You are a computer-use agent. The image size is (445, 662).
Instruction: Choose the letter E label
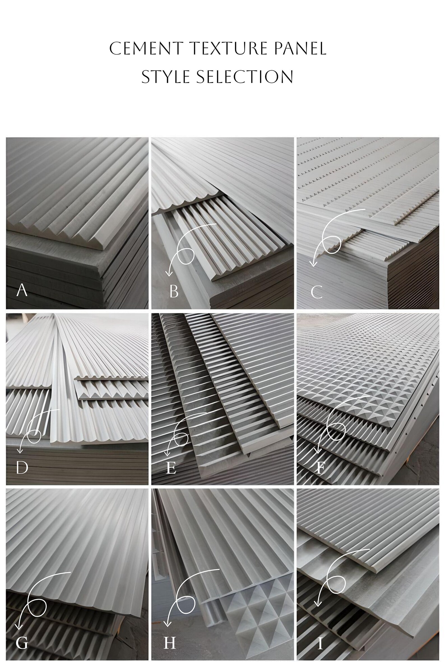pyautogui.click(x=171, y=468)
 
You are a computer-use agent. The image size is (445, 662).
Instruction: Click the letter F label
pyautogui.click(x=320, y=468)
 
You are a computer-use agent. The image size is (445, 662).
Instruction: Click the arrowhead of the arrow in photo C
pyautogui.click(x=313, y=264)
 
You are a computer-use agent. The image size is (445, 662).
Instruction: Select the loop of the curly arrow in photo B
pyautogui.click(x=186, y=255)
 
